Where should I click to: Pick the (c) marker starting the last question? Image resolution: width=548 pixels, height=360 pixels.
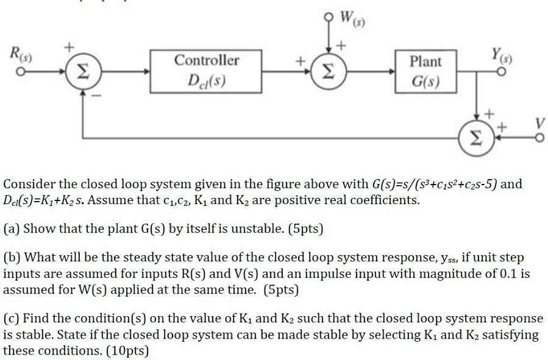[x=12, y=319]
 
